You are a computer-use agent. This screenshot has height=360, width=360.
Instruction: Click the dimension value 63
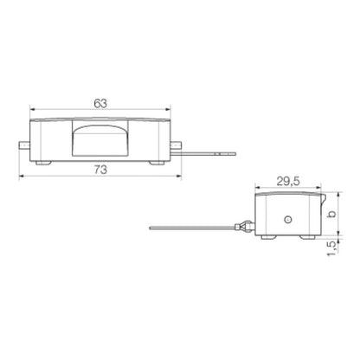[100, 103]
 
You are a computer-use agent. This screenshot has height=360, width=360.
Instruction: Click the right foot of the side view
[305, 235]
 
